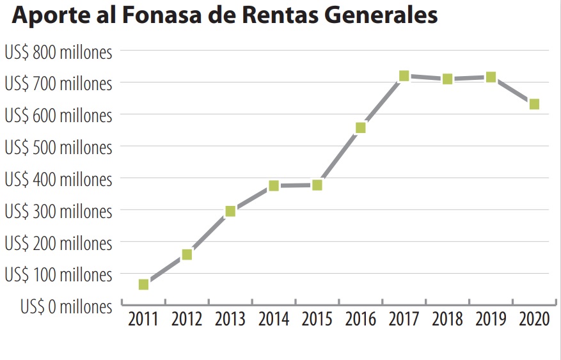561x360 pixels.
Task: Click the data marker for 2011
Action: (x=143, y=284)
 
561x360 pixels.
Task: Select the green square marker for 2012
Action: (x=187, y=254)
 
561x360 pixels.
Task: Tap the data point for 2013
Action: (x=230, y=212)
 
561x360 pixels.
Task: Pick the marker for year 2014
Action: (x=274, y=186)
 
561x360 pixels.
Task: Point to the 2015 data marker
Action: (x=317, y=185)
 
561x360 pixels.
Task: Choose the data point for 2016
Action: (x=361, y=128)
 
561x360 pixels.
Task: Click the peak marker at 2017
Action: (x=404, y=76)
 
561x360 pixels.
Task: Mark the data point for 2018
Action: (x=448, y=79)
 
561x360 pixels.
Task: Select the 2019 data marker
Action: (x=491, y=77)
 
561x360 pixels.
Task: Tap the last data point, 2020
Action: (x=534, y=104)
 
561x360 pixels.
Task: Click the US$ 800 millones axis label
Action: (x=58, y=52)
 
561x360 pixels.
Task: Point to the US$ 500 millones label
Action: (x=58, y=148)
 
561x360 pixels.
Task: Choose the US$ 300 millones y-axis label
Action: (x=58, y=212)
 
